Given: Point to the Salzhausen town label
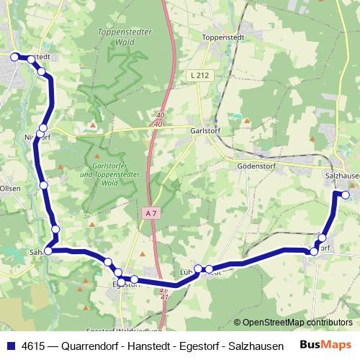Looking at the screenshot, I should click(x=342, y=175).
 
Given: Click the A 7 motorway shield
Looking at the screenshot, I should click(x=149, y=213).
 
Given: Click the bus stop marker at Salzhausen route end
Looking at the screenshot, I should click(x=346, y=194).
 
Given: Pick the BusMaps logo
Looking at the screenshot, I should click(x=325, y=346).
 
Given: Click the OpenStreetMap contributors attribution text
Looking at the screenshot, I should click(x=293, y=323).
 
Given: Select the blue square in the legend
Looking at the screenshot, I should click(x=10, y=346).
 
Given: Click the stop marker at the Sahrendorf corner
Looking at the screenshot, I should click(x=48, y=251).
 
